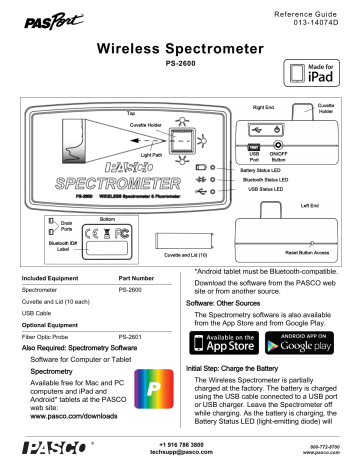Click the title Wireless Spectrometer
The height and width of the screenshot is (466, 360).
(180, 49)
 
